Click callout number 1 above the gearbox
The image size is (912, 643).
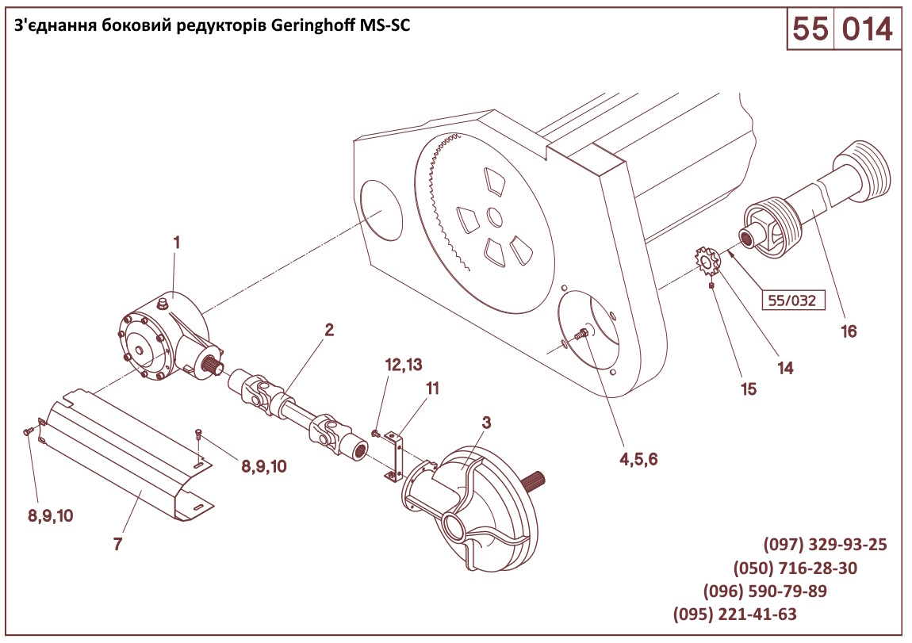pos(176,243)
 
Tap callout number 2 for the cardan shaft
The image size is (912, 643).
pos(329,330)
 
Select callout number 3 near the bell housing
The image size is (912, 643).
pos(486,423)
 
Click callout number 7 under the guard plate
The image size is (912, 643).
pos(117,545)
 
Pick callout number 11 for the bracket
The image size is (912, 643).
pos(432,388)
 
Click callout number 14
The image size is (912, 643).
pos(786,368)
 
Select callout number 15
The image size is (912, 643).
pos(749,388)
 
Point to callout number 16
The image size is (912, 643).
pos(849,331)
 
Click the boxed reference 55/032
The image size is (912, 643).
pos(791,300)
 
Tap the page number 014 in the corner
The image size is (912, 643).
pos(867,29)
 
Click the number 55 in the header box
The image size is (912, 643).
pos(810,29)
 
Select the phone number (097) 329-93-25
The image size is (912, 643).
pos(825,545)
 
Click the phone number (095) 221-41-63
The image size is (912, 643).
pos(734,614)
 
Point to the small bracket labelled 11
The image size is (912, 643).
pos(395,454)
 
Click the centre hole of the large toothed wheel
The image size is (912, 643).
pos(494,216)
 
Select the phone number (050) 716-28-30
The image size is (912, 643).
pos(795,568)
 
